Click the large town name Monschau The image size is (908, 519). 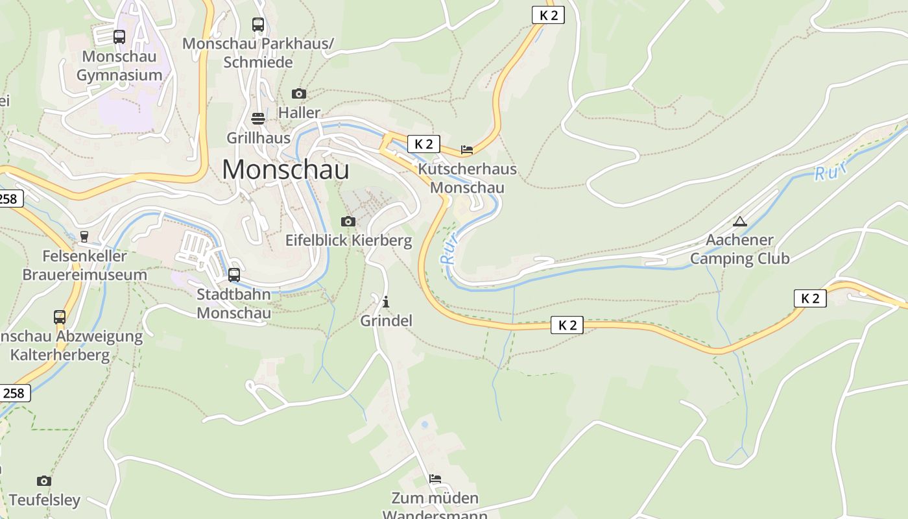pos(285,169)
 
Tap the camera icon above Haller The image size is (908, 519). pos(298,93)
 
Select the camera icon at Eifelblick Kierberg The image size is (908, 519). pos(348,221)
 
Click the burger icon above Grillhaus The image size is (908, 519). pos(258,119)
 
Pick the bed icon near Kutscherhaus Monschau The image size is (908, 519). pos(467,150)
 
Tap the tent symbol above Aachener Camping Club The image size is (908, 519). pos(739,221)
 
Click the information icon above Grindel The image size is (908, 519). pos(386,302)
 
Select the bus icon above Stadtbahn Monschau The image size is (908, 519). pos(234,274)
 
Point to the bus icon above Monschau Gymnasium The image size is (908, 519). pos(119,37)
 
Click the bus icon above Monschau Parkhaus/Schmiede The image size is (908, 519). pos(258,25)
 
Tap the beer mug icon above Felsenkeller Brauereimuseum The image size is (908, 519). pos(84,237)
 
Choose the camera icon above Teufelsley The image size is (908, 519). pos(44,481)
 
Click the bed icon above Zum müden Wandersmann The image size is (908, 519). pos(435,479)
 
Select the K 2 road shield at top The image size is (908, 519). pos(548,15)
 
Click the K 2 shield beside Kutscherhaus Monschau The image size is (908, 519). pos(424,144)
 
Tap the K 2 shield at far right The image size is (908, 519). pos(810,298)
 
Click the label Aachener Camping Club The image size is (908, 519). pos(739,249)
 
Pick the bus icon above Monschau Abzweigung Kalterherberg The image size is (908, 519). pos(60,317)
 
